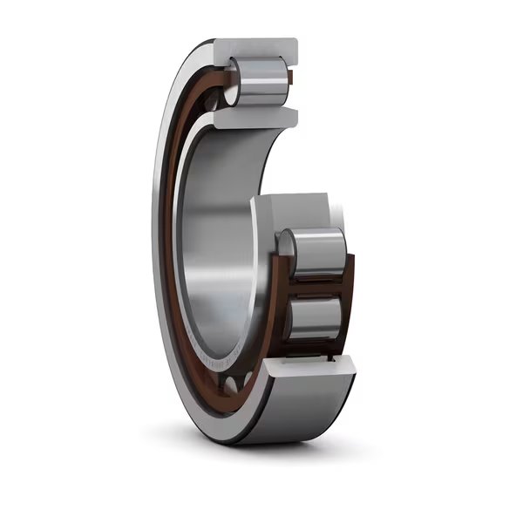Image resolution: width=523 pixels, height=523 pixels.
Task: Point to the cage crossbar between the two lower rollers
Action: coord(319,287)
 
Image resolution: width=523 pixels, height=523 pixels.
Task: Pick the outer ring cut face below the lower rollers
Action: coord(309,368)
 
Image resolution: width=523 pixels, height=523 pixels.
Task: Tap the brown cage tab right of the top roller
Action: coord(290,80)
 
